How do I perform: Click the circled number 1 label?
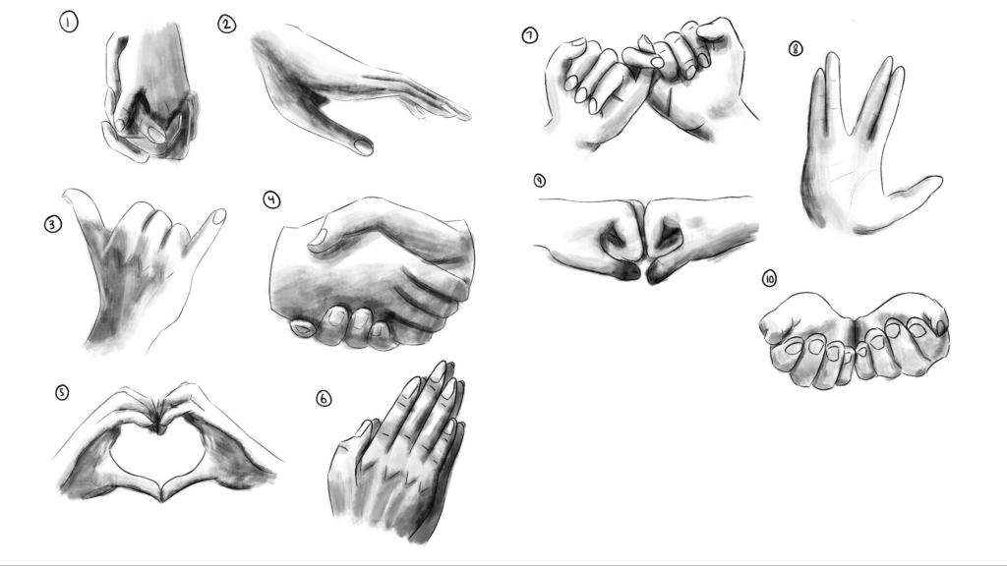(x=68, y=23)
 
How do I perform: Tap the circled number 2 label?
(x=227, y=25)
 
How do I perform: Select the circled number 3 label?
(x=53, y=225)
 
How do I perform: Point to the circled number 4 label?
(x=271, y=200)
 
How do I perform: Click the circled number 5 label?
(x=62, y=392)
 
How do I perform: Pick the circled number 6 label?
(x=324, y=399)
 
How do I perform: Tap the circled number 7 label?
(x=529, y=35)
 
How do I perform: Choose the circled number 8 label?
(x=795, y=49)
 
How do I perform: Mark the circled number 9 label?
(x=540, y=181)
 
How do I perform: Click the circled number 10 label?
(x=769, y=278)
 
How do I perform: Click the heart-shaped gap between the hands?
(x=158, y=457)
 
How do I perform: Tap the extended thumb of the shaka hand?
(x=83, y=204)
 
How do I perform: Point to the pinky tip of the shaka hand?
(x=219, y=215)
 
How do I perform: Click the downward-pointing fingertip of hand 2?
(x=362, y=147)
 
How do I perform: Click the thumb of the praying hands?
(x=354, y=435)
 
